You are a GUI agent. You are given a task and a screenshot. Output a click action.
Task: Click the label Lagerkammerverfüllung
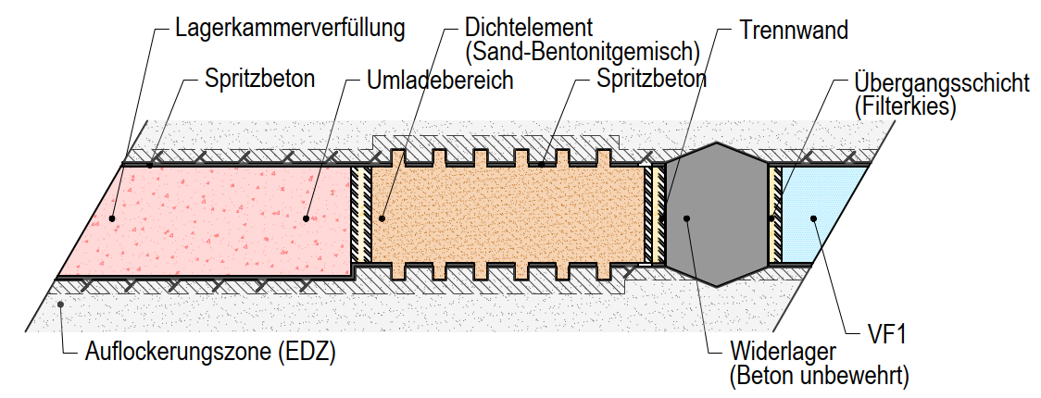coord(289,27)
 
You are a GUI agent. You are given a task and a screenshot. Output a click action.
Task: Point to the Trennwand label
coord(794,30)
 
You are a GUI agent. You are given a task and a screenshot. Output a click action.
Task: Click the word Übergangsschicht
coord(941,83)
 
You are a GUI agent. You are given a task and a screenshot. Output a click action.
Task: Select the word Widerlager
coord(784,353)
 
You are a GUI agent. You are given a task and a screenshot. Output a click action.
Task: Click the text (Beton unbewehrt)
coord(819,376)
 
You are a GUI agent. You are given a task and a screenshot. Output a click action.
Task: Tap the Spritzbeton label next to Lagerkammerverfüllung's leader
coord(259,79)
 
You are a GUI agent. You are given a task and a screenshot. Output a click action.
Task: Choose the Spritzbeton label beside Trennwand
coord(651,79)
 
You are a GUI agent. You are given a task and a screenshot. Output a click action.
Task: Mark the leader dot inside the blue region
coord(812,218)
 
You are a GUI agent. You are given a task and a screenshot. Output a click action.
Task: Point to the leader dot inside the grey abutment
coord(686,218)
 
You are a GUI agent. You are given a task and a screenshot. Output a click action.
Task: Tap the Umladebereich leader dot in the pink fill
coord(305,218)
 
